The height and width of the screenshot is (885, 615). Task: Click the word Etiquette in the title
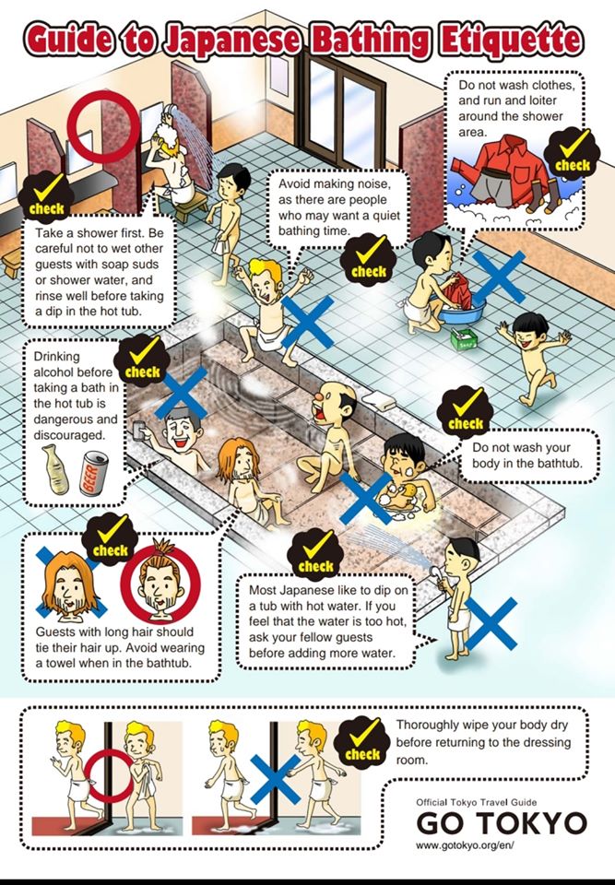pos(511,40)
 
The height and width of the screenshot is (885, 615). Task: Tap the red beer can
pos(93,473)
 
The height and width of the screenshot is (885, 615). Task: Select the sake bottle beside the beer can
pos(55,468)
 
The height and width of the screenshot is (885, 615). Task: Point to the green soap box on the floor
pos(464,339)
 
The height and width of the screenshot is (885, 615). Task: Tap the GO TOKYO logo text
pos(501,824)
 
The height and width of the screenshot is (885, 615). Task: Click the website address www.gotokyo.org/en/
pos(465,845)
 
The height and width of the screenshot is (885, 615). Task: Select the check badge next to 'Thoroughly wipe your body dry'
pos(361,743)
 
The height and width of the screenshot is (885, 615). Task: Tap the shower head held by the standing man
pos(435,572)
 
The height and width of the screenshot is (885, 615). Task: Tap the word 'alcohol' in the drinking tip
pos(53,372)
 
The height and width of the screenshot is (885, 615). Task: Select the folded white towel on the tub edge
pos(378,400)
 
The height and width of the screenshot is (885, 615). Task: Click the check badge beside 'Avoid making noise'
pos(368,261)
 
